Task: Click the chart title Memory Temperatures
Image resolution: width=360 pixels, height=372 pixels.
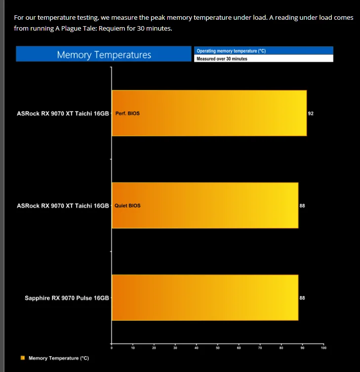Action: (x=104, y=54)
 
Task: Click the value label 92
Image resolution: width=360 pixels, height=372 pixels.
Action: (x=311, y=113)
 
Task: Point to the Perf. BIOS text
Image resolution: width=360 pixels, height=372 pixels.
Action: (x=127, y=113)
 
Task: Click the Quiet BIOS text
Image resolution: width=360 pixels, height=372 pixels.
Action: (x=127, y=206)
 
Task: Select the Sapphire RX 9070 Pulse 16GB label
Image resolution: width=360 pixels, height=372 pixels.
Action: (x=67, y=298)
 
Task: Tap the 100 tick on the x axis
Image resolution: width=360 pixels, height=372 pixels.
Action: (x=323, y=348)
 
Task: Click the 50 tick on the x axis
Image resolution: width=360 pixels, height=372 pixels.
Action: (x=217, y=348)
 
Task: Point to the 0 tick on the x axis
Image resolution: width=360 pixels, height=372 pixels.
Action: (x=112, y=348)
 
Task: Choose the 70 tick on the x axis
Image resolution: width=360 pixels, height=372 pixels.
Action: (x=260, y=348)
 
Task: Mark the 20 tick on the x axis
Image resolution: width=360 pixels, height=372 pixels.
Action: (x=154, y=348)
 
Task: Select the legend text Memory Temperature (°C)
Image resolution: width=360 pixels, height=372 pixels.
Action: (x=59, y=358)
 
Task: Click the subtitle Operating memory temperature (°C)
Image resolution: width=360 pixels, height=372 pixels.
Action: (x=231, y=50)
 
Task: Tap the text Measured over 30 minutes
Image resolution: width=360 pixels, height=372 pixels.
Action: (x=222, y=58)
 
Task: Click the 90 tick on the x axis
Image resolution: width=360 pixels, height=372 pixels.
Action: (x=302, y=348)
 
